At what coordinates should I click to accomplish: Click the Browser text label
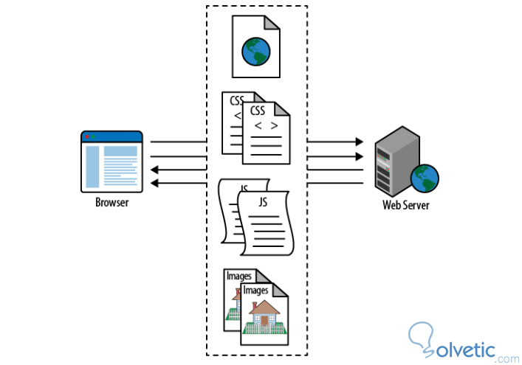pos(111,202)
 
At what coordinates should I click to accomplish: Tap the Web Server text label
pos(405,204)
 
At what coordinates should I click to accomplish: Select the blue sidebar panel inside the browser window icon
pos(92,166)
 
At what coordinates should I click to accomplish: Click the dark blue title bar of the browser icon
pos(111,136)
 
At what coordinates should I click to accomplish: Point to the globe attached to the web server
pos(426,178)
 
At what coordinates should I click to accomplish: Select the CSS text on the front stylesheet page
pos(258,111)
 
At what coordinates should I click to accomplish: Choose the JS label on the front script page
pos(261,201)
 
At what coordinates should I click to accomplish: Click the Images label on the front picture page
pos(255,291)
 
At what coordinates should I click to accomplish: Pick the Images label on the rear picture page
pos(238,277)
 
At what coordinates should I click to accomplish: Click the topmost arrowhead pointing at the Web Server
pos(359,142)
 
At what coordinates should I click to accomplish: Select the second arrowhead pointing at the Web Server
pos(359,156)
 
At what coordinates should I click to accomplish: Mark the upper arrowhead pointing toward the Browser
pos(155,170)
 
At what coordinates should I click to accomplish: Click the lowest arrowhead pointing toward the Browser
pos(155,184)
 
